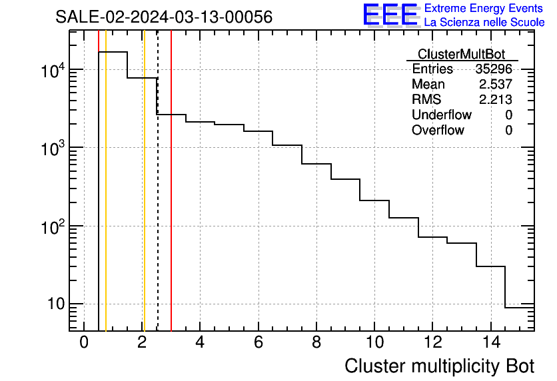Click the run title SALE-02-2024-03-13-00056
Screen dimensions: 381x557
click(x=163, y=17)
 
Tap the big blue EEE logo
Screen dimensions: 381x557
click(x=390, y=15)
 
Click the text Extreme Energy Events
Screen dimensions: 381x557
click(x=484, y=9)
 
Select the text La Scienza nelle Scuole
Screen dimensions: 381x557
click(x=484, y=23)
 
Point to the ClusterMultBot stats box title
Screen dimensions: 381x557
click(x=461, y=54)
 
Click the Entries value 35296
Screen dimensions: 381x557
click(x=494, y=69)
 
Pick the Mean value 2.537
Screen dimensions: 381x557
click(x=495, y=85)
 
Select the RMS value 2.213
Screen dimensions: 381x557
click(x=495, y=100)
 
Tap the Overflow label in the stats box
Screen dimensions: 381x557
click(x=438, y=130)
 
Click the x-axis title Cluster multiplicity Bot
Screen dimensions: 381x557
click(x=440, y=366)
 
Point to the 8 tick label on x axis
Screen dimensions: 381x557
click(x=316, y=342)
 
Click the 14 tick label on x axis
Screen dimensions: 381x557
click(x=490, y=342)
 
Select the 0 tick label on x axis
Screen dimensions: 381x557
click(x=84, y=342)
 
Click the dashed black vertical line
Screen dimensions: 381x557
click(x=157, y=200)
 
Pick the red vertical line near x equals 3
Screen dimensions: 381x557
click(x=171, y=200)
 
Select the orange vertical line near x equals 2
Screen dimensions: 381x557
click(x=143, y=200)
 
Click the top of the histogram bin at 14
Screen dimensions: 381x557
click(x=490, y=266)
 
